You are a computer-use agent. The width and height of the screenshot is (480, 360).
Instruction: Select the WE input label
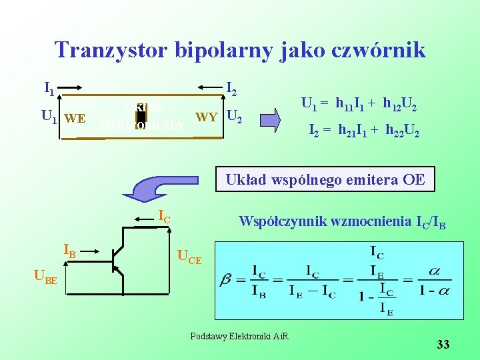click(x=75, y=119)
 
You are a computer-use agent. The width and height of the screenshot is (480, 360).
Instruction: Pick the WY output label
click(x=207, y=118)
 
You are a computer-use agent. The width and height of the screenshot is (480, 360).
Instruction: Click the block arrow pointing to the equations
click(x=271, y=119)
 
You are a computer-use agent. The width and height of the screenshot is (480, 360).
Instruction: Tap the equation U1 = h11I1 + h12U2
click(x=360, y=104)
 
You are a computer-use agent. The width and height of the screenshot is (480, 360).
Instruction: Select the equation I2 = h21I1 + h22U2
click(x=363, y=132)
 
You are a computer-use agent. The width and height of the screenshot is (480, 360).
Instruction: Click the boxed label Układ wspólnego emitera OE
click(x=325, y=179)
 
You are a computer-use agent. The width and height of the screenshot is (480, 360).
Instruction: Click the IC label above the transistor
click(x=163, y=215)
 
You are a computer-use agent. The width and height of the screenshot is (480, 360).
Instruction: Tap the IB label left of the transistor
click(x=69, y=251)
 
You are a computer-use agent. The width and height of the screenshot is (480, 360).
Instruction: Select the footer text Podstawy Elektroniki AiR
click(x=239, y=335)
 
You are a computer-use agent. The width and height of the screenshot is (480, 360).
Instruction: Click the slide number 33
click(x=443, y=345)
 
